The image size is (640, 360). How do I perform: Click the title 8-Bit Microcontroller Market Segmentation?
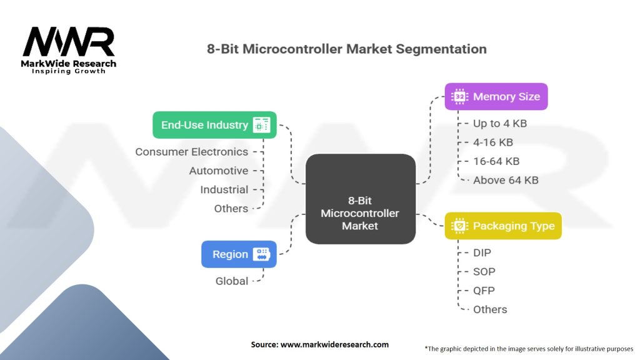[347, 49]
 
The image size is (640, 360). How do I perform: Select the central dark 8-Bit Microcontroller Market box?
[360, 199]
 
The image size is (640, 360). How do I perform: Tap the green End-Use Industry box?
[214, 125]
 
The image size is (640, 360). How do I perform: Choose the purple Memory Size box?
[496, 97]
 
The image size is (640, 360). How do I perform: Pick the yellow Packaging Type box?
[503, 226]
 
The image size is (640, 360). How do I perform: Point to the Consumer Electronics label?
[191, 152]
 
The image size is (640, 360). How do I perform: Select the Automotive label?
[219, 171]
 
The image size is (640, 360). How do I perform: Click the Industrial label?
[224, 189]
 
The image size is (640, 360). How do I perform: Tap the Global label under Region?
[232, 281]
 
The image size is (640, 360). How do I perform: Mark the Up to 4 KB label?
[500, 124]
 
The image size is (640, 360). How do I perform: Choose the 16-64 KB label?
[496, 161]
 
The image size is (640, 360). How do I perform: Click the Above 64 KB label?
[506, 180]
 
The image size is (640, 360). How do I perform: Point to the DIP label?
[482, 252]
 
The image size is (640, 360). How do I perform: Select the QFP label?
[484, 291]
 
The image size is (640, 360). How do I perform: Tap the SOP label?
[484, 271]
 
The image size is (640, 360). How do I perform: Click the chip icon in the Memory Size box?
[459, 97]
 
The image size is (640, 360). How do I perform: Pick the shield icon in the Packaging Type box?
[459, 226]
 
